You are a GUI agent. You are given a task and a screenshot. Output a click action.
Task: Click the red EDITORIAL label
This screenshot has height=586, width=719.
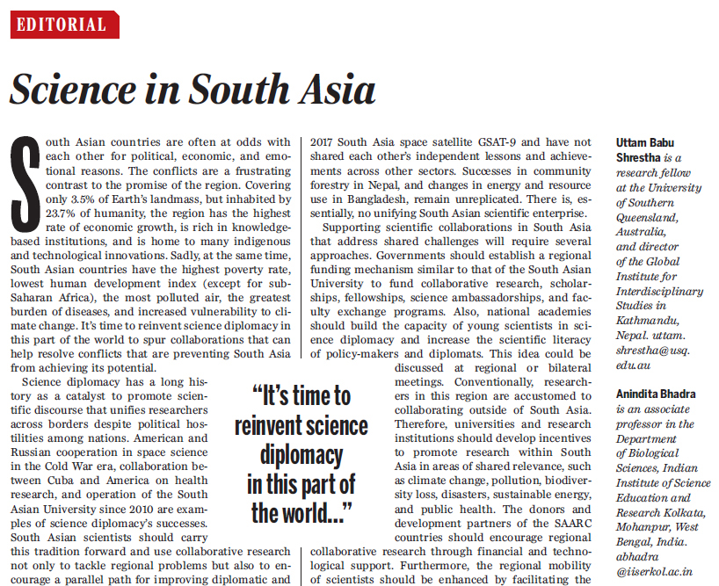(x=65, y=25)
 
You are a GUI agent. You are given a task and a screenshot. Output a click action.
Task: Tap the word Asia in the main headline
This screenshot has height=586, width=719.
(x=336, y=90)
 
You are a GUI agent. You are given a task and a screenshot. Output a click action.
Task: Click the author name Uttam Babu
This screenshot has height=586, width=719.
(x=648, y=141)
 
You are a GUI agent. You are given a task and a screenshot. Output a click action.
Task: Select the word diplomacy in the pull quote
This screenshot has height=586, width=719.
(x=301, y=455)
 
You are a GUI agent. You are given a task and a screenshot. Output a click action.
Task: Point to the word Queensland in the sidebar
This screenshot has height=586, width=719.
(x=651, y=216)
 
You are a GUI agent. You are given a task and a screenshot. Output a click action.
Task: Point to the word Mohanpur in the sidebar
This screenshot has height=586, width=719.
(x=644, y=528)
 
